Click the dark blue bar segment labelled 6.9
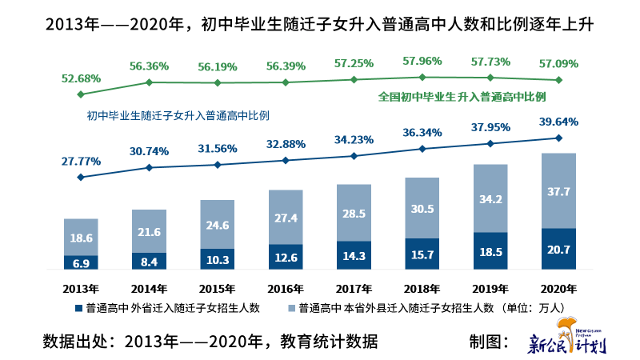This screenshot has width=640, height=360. coord(80,262)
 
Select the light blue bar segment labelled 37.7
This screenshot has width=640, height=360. coord(559,190)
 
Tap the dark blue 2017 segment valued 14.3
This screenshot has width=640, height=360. coord(354,255)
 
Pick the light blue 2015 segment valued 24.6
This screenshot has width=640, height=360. coord(218,225)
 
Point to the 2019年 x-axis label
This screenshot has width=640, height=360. coord(491,287)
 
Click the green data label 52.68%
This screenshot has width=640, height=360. coord(80,78)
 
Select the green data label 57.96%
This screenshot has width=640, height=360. coord(422,60)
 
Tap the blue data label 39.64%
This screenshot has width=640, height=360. coord(558,122)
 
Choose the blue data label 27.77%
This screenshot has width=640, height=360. coord(80,161)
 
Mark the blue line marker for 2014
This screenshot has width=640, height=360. coord(149,168)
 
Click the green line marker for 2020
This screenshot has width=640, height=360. coord(559,80)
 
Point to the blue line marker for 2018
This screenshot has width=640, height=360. coord(422,149)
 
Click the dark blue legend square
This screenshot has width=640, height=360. coord(78,308)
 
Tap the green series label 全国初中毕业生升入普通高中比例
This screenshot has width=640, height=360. coord(462,97)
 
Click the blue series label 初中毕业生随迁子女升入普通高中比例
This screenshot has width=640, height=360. coord(178,115)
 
